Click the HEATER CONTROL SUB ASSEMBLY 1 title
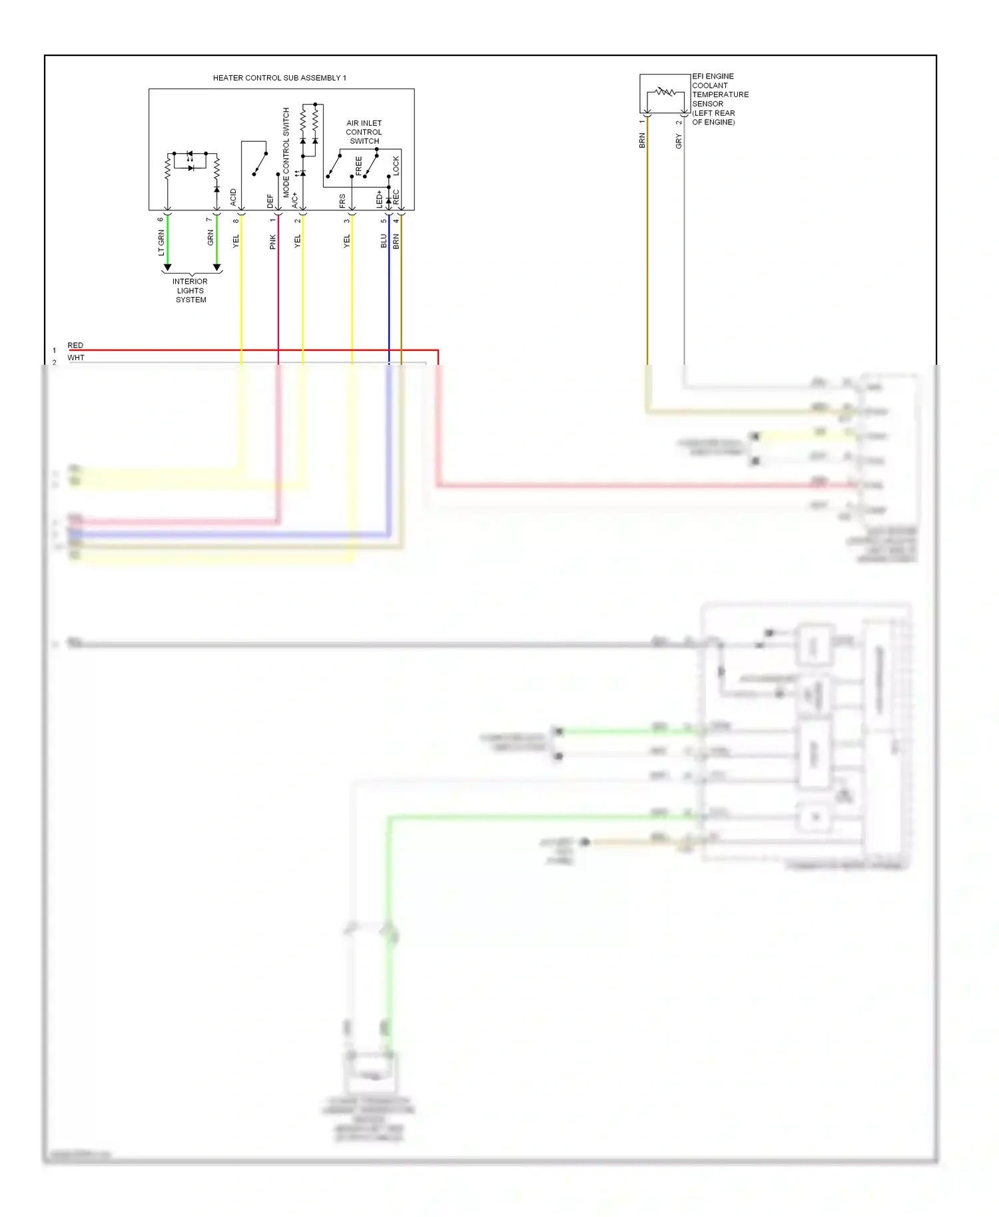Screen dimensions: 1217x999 pyautogui.click(x=279, y=78)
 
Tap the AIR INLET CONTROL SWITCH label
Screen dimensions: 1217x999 pyautogui.click(x=364, y=132)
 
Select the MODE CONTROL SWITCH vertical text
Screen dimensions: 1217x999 pyautogui.click(x=286, y=152)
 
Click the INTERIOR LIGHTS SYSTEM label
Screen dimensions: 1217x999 pyautogui.click(x=190, y=290)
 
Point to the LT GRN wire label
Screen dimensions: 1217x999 pyautogui.click(x=161, y=242)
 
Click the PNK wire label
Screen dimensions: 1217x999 pyautogui.click(x=272, y=242)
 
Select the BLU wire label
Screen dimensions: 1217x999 pyautogui.click(x=384, y=241)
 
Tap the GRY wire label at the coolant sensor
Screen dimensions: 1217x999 pyautogui.click(x=679, y=141)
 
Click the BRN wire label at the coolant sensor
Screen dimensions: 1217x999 pyautogui.click(x=642, y=140)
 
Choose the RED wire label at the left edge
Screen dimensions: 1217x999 pyautogui.click(x=75, y=345)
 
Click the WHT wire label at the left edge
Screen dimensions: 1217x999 pyautogui.click(x=76, y=358)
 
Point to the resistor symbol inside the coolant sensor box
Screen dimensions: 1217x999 pyautogui.click(x=665, y=92)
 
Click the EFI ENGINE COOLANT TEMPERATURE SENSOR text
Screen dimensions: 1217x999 pyautogui.click(x=719, y=99)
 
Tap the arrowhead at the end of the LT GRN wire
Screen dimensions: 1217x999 pyautogui.click(x=167, y=267)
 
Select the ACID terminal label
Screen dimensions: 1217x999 pyautogui.click(x=233, y=196)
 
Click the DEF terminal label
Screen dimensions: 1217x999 pyautogui.click(x=270, y=200)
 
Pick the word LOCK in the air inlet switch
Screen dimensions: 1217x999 pyautogui.click(x=396, y=166)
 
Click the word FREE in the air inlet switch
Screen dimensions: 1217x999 pyautogui.click(x=359, y=166)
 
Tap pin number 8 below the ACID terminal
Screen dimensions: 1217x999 pyautogui.click(x=236, y=220)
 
